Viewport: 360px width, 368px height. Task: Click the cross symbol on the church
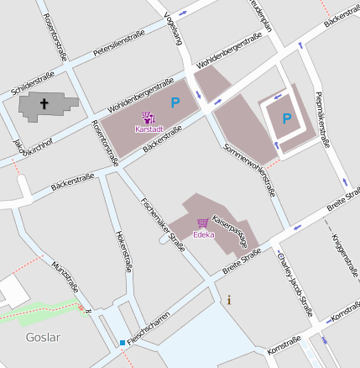click(x=44, y=104)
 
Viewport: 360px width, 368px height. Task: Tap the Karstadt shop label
click(x=149, y=129)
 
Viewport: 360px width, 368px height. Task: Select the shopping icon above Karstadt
click(x=148, y=118)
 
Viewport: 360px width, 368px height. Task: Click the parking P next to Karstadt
click(x=175, y=103)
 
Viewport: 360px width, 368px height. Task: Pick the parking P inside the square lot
click(x=287, y=119)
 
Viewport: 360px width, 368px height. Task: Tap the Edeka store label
click(x=204, y=234)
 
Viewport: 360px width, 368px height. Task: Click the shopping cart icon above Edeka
click(x=202, y=223)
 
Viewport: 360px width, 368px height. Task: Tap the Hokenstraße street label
click(x=123, y=250)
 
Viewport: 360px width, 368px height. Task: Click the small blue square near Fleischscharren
click(x=123, y=343)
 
